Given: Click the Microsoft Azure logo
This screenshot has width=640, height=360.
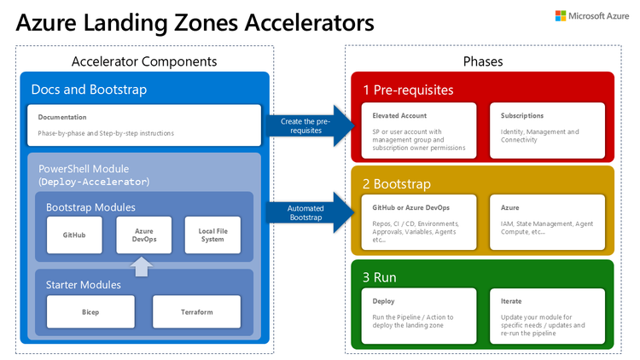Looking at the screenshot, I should click(591, 16).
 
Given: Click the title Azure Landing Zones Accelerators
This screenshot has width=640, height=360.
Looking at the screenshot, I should click(195, 22).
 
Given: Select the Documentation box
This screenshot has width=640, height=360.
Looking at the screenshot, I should click(144, 125).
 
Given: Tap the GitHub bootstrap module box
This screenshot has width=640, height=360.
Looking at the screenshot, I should click(73, 234).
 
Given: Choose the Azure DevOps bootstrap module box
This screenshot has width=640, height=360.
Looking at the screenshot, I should click(144, 234).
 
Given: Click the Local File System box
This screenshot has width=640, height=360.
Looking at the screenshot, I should click(212, 234).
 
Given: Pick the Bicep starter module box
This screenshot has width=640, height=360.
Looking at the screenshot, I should click(90, 312).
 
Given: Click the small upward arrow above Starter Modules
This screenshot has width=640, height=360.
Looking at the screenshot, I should click(144, 265).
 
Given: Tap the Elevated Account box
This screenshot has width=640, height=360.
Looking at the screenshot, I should click(419, 130).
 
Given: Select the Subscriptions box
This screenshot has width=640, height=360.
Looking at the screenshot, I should click(547, 130).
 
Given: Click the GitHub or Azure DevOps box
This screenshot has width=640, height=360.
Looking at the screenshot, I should click(419, 223).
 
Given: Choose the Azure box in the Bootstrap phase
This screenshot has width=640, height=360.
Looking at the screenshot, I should click(547, 223).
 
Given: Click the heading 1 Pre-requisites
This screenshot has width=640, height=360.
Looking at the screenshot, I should click(409, 90).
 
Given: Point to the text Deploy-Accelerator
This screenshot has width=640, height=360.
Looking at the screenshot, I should click(95, 182).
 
